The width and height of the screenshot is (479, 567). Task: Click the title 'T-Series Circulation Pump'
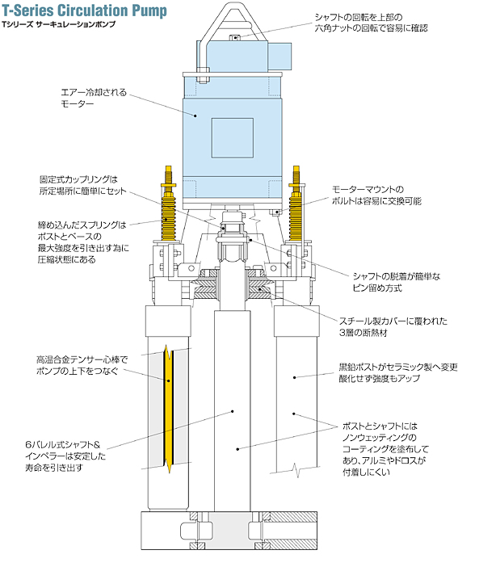[85, 10]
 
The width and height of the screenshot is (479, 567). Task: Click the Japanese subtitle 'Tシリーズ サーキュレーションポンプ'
[58, 24]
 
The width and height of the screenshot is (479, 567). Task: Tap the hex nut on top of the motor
[235, 37]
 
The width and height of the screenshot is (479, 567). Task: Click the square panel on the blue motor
[232, 137]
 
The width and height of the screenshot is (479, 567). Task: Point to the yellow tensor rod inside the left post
[169, 409]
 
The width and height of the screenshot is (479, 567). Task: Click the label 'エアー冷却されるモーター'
[94, 98]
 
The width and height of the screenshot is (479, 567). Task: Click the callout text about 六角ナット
[371, 23]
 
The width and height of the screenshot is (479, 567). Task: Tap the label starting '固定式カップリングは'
[82, 185]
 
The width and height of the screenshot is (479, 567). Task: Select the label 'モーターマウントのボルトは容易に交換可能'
[376, 195]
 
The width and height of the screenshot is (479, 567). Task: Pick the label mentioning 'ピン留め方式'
[397, 283]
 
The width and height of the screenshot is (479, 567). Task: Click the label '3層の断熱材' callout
[393, 327]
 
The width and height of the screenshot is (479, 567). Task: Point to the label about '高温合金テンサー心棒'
[82, 365]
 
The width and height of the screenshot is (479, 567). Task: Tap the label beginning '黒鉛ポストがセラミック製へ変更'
[398, 373]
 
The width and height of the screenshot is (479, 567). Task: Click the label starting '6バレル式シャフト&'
[65, 456]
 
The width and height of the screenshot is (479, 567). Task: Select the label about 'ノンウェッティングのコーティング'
[385, 449]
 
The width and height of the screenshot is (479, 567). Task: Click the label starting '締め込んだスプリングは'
[83, 242]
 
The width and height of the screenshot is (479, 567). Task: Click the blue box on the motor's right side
[279, 56]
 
